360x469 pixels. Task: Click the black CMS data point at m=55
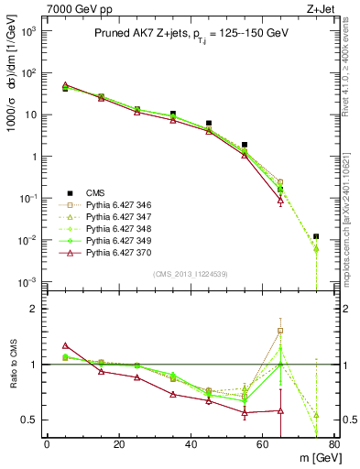coord(245,145)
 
